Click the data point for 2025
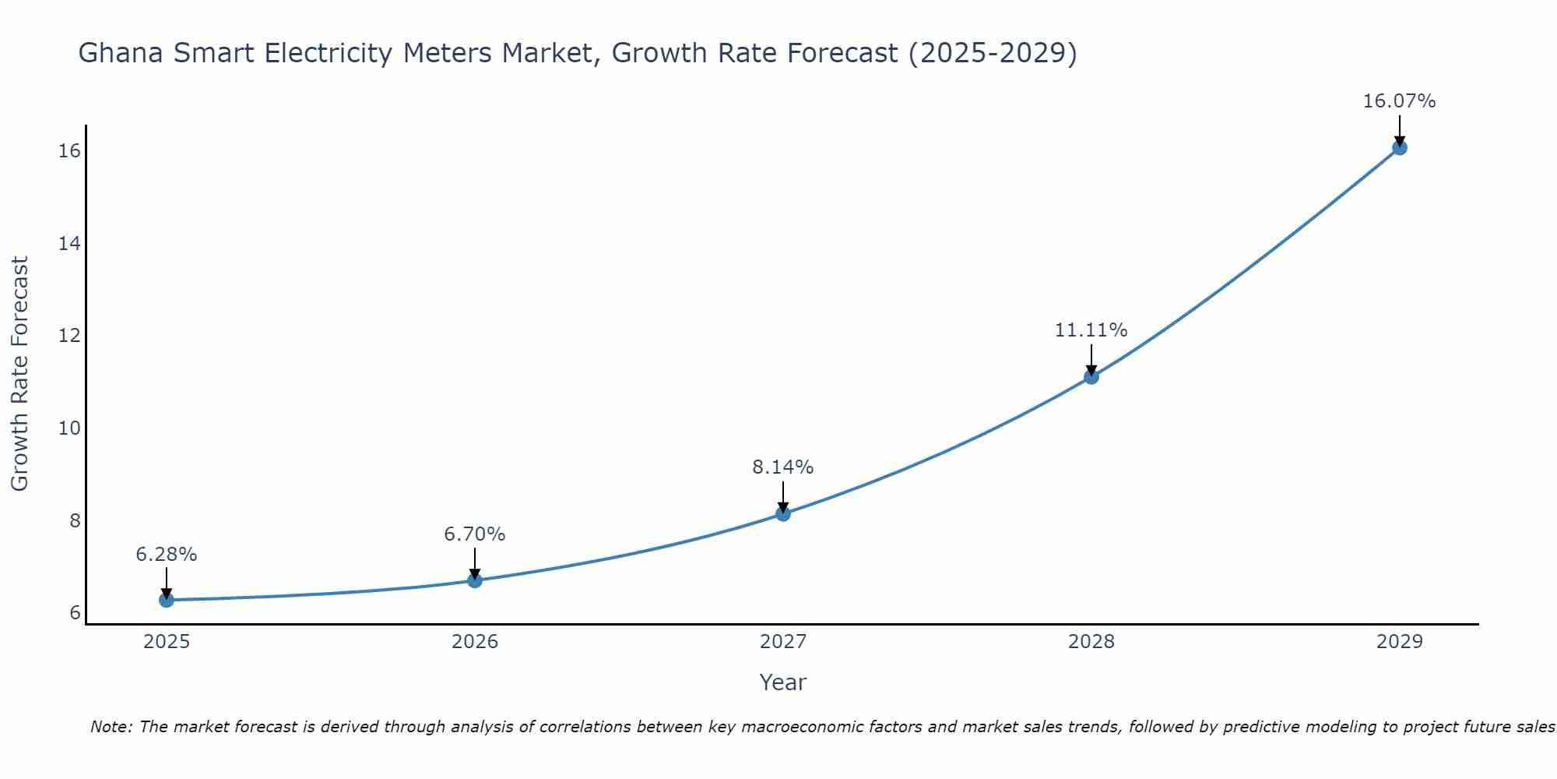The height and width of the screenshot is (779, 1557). click(166, 600)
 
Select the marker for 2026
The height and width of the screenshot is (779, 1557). click(475, 580)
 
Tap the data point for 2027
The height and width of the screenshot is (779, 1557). click(783, 513)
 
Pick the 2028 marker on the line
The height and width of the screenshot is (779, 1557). click(1091, 376)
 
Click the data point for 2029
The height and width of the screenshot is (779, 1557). click(1399, 147)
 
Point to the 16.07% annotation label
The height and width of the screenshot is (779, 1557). click(1399, 101)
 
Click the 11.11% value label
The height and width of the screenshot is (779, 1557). click(1091, 330)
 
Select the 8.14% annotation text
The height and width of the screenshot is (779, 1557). click(782, 467)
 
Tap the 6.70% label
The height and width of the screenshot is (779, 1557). click(474, 534)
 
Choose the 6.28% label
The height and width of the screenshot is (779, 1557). click(166, 555)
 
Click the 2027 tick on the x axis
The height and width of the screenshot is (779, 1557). click(783, 642)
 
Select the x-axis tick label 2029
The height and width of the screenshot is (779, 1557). click(1399, 642)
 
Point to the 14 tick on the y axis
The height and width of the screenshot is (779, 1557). click(69, 244)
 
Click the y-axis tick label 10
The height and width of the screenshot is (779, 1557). click(69, 428)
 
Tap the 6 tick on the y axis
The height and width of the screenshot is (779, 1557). click(75, 613)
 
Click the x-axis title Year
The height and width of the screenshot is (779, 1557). click(782, 682)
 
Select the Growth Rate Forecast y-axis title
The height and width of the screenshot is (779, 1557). click(19, 374)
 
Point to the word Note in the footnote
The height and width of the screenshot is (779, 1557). click(111, 727)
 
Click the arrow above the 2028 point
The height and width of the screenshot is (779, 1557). click(1091, 360)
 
